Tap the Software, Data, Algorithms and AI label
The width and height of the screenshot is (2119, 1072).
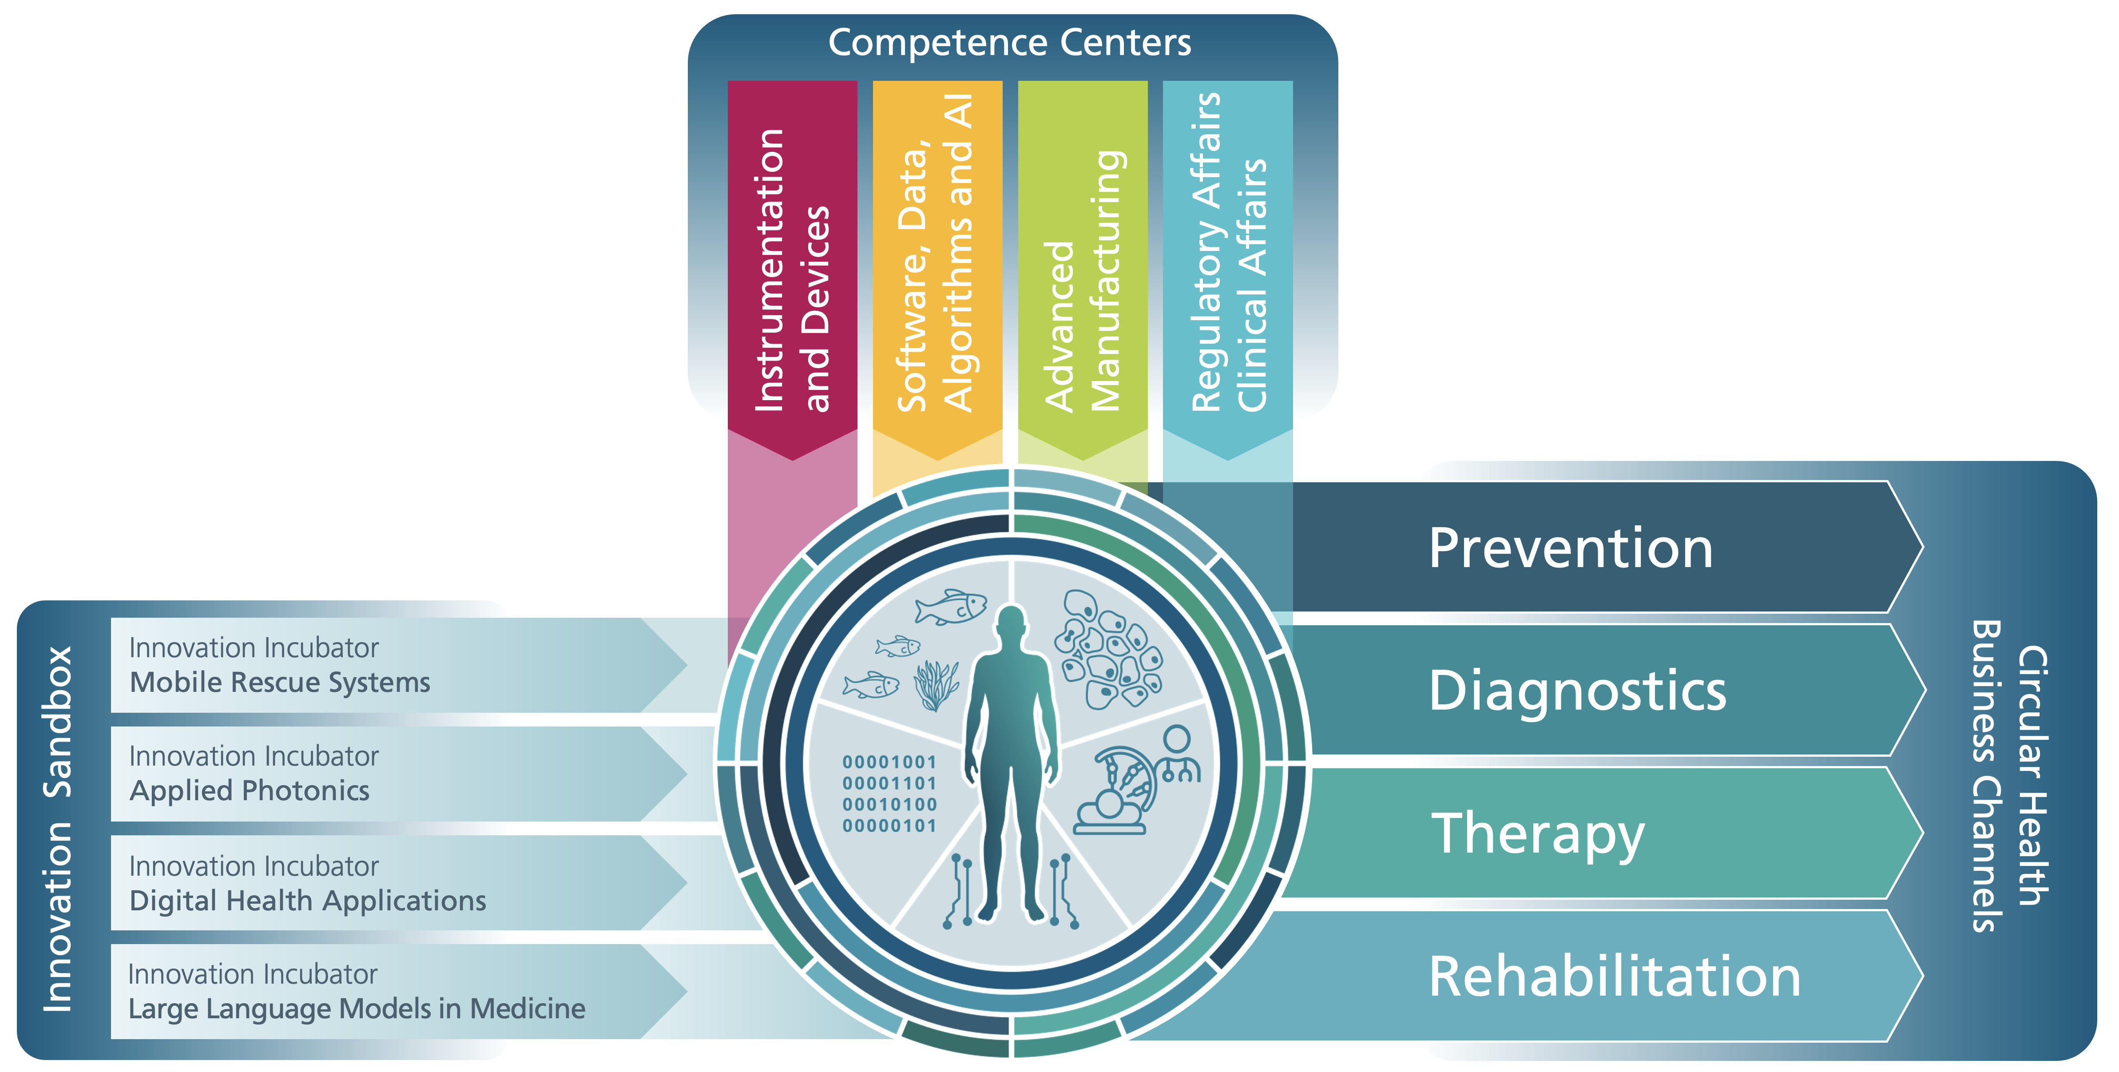click(x=936, y=254)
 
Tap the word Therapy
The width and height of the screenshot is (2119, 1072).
click(x=1536, y=834)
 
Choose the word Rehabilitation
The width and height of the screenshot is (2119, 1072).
click(x=1615, y=977)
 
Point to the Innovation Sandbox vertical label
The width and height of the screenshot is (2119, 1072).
click(x=58, y=829)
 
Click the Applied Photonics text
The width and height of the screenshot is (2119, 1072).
click(x=249, y=790)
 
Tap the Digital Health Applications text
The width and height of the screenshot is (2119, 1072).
click(x=308, y=901)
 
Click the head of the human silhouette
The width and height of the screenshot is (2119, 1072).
click(x=1011, y=623)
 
